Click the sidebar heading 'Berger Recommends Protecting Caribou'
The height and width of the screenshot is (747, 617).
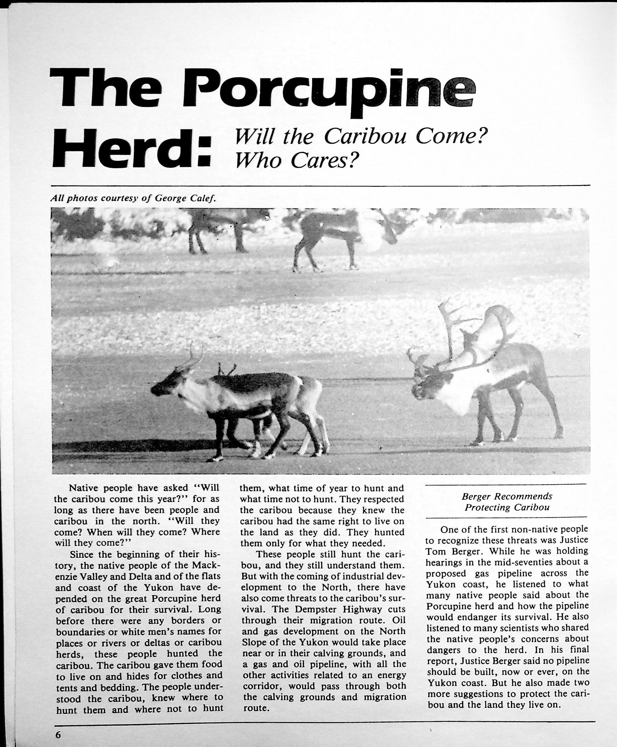pos(507,502)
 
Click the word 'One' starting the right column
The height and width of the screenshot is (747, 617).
pos(449,530)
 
